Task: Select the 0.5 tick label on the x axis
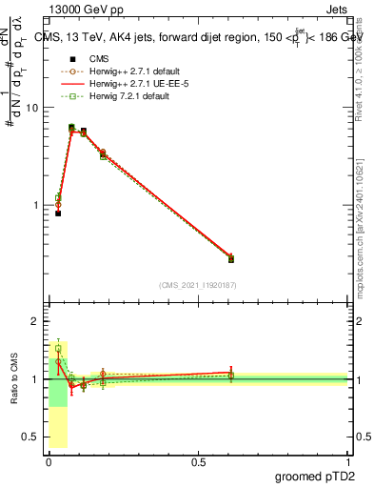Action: point(199,461)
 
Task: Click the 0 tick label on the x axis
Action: point(49,461)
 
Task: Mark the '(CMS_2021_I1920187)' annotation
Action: point(198,285)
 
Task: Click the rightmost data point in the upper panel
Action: point(230,258)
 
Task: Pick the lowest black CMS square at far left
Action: point(58,213)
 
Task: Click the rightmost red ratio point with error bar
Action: point(230,373)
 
